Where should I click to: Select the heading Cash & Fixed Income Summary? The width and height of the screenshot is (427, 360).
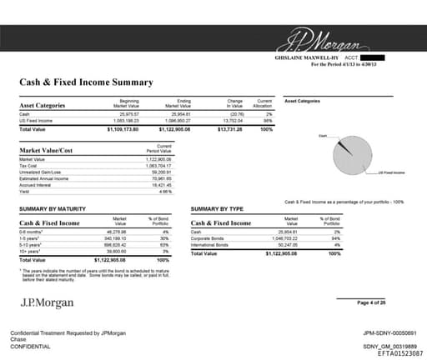point(86,82)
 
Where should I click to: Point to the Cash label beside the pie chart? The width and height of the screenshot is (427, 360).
point(323,136)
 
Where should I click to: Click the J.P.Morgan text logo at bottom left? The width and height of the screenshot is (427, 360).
point(47,302)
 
